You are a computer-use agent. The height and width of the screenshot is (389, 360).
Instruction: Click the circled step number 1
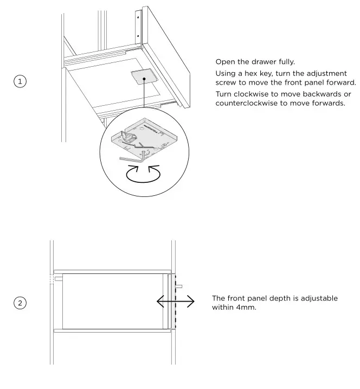(20, 81)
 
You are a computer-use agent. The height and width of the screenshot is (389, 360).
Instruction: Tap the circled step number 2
(20, 303)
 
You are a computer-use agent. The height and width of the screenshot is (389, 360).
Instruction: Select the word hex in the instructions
(252, 73)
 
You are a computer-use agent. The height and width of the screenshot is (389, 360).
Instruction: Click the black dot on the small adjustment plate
(144, 79)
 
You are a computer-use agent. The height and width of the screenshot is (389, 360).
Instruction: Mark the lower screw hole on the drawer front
(138, 36)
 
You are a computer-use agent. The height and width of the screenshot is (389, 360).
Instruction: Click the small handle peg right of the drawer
(179, 286)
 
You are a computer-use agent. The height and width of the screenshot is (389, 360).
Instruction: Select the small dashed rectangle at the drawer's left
(52, 279)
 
